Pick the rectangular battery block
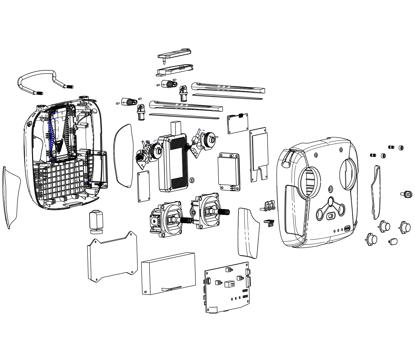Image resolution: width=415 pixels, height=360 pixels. pos(168,273)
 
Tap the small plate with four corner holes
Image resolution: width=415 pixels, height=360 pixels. pos(144,186)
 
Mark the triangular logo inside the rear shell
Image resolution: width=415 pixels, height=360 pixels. pos(59,145)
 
